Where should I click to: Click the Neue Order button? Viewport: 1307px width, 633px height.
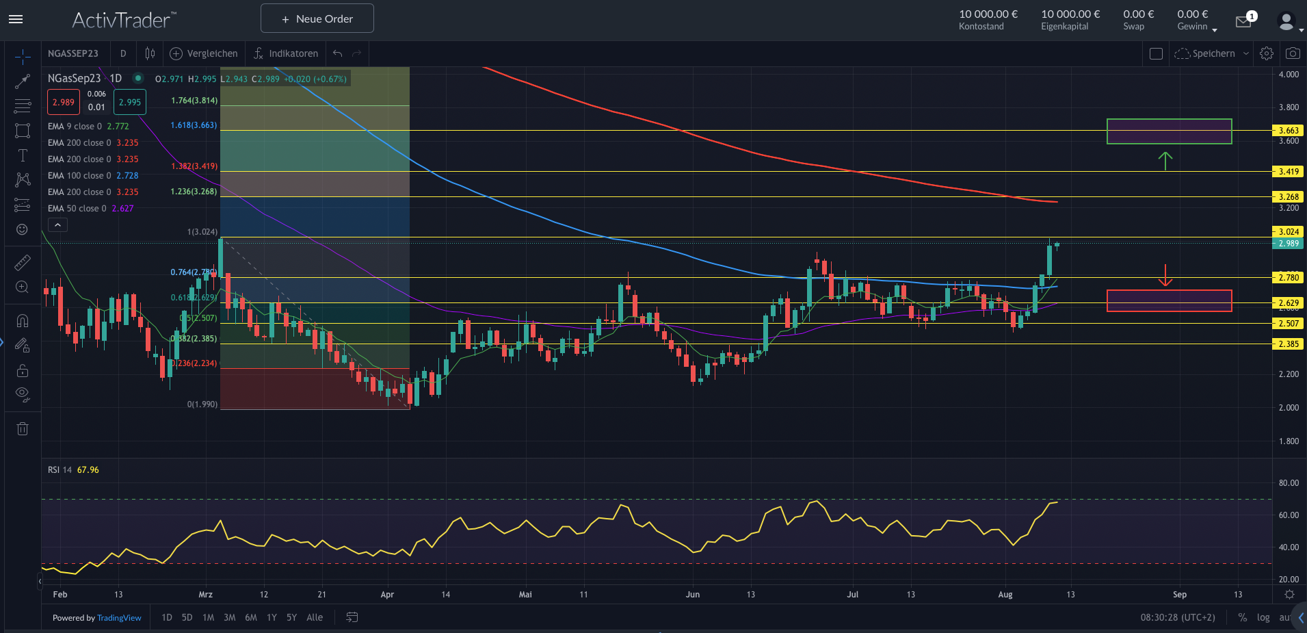pyautogui.click(x=317, y=18)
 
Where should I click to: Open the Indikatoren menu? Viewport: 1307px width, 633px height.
pyautogui.click(x=286, y=53)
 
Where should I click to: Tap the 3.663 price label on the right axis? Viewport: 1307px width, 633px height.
pyautogui.click(x=1288, y=130)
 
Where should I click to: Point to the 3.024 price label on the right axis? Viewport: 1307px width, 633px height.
pyautogui.click(x=1288, y=232)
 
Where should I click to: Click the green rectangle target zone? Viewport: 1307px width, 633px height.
pyautogui.click(x=1169, y=131)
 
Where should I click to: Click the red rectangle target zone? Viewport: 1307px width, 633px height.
pyautogui.click(x=1169, y=300)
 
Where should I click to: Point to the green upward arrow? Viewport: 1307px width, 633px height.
pyautogui.click(x=1165, y=161)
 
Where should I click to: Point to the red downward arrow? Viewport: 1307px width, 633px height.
pyautogui.click(x=1165, y=276)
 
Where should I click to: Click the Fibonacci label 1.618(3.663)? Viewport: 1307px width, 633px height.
pyautogui.click(x=194, y=125)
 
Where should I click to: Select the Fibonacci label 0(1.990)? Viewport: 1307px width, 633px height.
pyautogui.click(x=202, y=404)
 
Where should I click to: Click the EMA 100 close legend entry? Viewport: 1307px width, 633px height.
pyautogui.click(x=92, y=176)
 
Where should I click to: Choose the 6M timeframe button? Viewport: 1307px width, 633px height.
pyautogui.click(x=251, y=617)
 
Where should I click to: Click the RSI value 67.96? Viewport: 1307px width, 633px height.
pyautogui.click(x=88, y=470)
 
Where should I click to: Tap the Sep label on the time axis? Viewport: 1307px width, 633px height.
pyautogui.click(x=1179, y=595)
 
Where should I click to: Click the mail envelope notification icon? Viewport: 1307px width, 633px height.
pyautogui.click(x=1243, y=22)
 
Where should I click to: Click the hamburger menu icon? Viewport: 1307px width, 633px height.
pyautogui.click(x=16, y=19)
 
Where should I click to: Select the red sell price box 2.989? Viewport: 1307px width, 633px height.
pyautogui.click(x=64, y=102)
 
